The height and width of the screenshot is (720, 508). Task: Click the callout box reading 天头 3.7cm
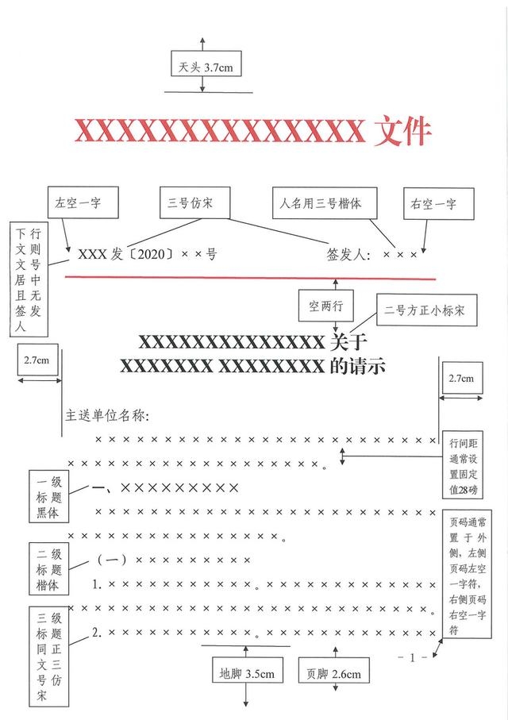point(206,64)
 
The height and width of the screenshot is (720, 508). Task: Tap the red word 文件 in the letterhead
point(402,131)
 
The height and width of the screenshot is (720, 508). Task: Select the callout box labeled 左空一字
point(83,202)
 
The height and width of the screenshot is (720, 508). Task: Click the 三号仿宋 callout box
point(194,202)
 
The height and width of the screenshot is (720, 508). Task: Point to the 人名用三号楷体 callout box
point(325,203)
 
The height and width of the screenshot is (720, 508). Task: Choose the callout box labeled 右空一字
point(439,203)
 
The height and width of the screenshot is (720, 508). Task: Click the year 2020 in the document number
point(151,254)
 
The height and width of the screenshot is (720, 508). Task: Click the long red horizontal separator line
point(250,278)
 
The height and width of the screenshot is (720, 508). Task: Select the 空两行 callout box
point(326,306)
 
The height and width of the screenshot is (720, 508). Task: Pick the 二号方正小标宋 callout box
point(427,310)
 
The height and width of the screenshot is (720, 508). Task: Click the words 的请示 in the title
point(357,367)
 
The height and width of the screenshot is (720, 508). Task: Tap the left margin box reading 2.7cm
point(37,360)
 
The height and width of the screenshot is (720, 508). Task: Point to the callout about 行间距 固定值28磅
point(463,464)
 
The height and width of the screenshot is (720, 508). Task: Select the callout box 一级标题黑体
point(48,496)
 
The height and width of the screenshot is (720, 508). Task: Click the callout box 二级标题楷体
point(48,568)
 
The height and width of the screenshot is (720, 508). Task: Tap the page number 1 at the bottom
point(413,657)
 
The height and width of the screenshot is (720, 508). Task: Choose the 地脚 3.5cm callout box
point(247,674)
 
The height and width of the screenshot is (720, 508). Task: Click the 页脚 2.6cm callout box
point(334,674)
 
